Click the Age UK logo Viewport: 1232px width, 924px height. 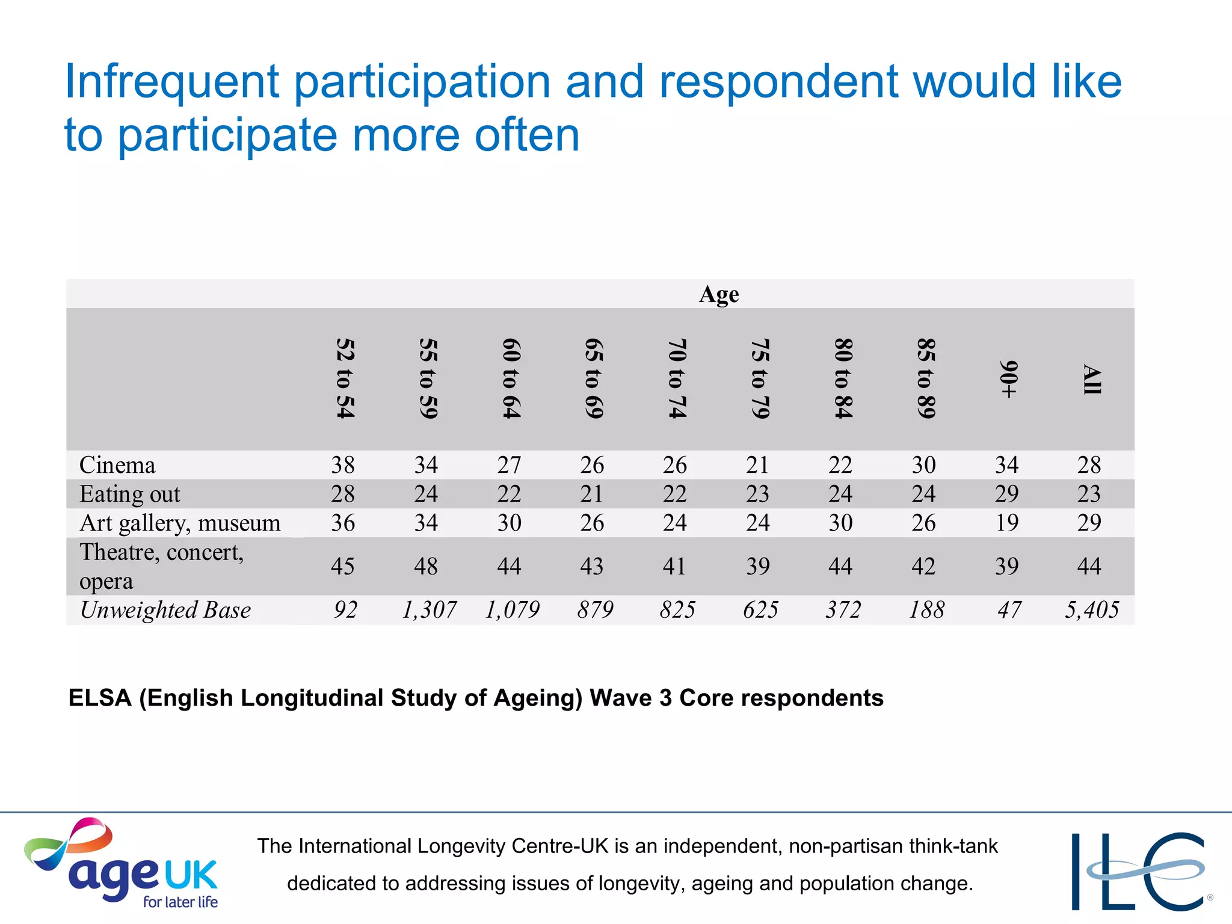point(120,863)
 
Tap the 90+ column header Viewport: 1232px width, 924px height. point(1008,379)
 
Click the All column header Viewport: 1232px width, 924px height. point(1091,379)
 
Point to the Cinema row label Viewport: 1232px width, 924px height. point(117,465)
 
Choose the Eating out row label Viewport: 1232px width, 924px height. point(129,494)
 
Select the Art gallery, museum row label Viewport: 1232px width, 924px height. point(180,523)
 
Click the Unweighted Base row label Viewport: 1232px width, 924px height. point(165,610)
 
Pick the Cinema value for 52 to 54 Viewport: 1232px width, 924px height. point(343,465)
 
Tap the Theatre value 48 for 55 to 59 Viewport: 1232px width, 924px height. point(426,566)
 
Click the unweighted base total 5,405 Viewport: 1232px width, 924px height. point(1091,610)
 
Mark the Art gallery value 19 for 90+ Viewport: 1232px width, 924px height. point(1006,523)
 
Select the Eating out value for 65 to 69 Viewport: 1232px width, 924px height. point(592,494)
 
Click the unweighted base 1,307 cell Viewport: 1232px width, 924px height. point(429,610)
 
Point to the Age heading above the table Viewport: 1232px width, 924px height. point(719,294)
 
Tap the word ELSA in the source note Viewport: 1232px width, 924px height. point(100,698)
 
